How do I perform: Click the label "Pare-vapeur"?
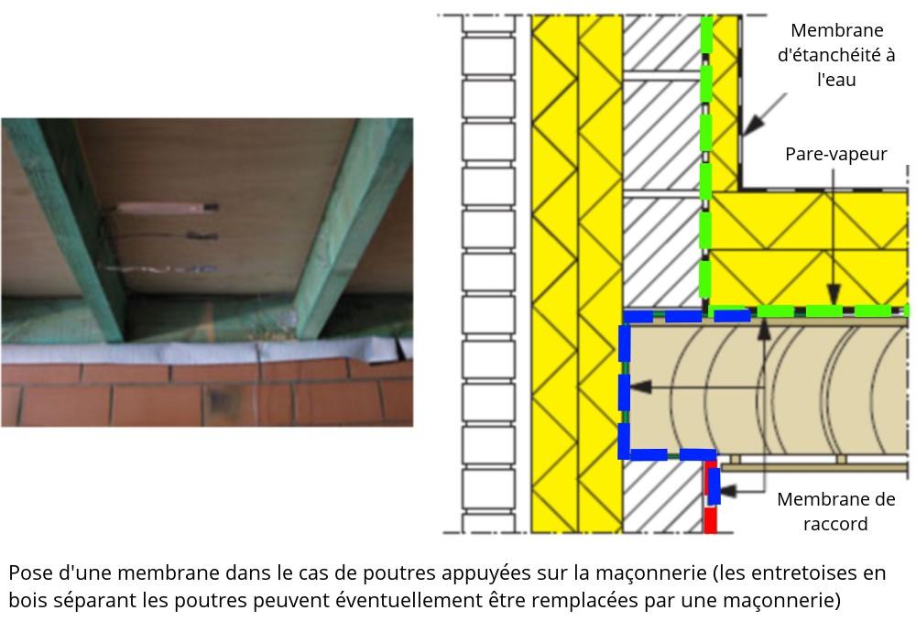pyautogui.click(x=835, y=154)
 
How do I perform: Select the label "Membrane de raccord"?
pyautogui.click(x=835, y=512)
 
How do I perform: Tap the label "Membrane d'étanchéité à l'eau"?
pyautogui.click(x=835, y=56)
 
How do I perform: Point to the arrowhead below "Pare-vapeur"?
pyautogui.click(x=834, y=296)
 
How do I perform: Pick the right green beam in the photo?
pyautogui.click(x=353, y=229)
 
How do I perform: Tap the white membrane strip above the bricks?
pyautogui.click(x=202, y=352)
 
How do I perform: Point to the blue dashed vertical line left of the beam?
pyautogui.click(x=625, y=385)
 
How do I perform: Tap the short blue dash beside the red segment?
pyautogui.click(x=714, y=485)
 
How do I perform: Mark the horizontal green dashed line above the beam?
pyautogui.click(x=806, y=311)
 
